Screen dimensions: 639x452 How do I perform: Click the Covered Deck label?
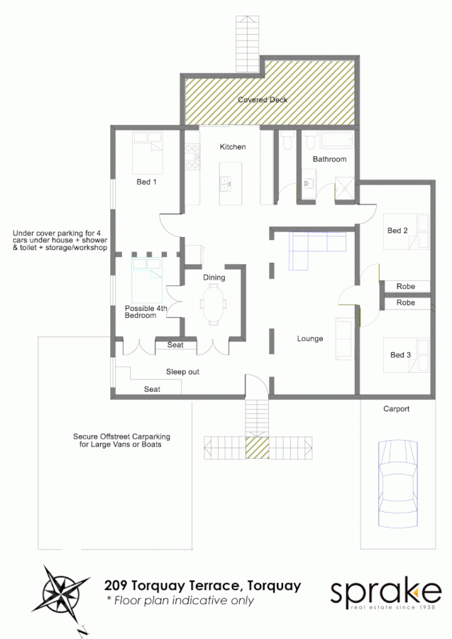[263, 100]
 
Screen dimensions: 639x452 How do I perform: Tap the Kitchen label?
[233, 147]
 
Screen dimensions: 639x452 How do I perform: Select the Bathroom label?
[330, 159]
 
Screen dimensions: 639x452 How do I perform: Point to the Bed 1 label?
[146, 182]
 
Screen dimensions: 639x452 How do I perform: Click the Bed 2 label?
[397, 231]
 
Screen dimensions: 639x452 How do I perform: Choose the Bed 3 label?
[400, 355]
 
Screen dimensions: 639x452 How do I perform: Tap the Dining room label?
[214, 278]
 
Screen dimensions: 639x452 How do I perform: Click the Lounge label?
[310, 339]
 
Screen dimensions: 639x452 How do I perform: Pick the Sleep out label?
[182, 371]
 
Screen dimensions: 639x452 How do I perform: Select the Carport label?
[397, 409]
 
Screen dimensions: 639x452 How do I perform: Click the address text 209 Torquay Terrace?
[202, 586]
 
